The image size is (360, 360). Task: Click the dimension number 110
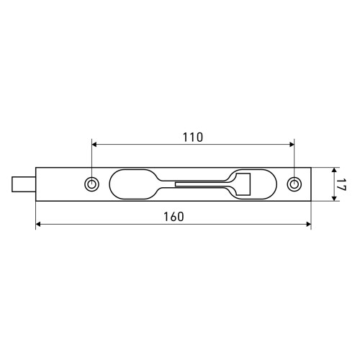193,138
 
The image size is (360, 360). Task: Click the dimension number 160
174,217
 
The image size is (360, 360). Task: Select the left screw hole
91,184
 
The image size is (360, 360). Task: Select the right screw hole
294,184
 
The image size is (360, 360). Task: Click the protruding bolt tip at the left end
24,184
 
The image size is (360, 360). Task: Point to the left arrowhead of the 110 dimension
94,144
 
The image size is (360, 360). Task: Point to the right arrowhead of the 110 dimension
292,144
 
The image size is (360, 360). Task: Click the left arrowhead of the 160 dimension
38,225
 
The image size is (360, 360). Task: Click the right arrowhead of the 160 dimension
309,225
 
